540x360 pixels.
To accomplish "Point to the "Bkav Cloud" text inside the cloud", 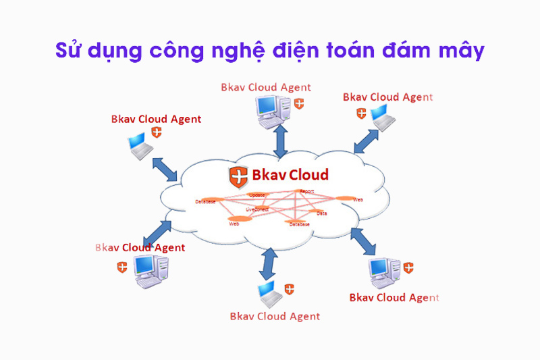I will [290, 176].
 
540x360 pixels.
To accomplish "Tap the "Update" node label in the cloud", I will [257, 195].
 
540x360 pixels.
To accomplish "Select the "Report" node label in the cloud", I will [307, 192].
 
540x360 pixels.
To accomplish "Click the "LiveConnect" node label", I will [257, 209].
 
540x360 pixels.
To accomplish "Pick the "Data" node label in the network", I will [322, 213].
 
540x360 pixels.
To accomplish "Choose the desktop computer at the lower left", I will [146, 266].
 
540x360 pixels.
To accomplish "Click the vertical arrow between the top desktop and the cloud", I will [278, 140].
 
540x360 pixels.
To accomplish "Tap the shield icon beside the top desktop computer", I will [298, 104].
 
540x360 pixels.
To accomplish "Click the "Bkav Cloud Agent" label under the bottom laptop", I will [275, 316].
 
